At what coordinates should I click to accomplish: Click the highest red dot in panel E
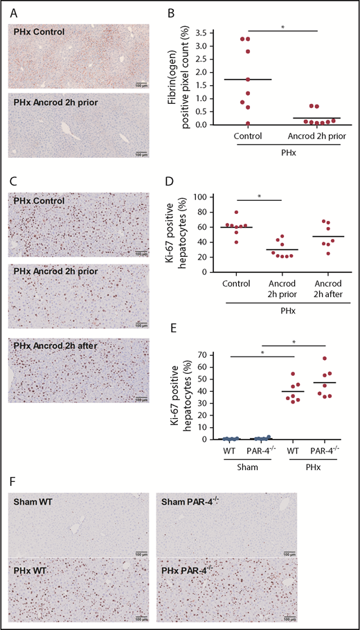click(x=325, y=359)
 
